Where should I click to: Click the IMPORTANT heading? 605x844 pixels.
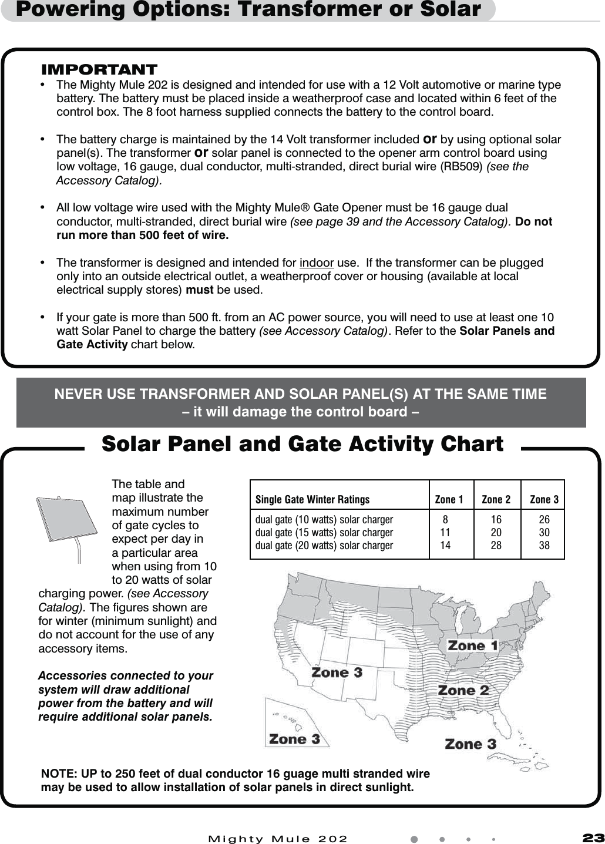(99, 69)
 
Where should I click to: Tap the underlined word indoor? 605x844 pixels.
(317, 263)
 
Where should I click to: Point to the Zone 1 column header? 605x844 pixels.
(449, 500)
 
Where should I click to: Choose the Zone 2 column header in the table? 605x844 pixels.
(496, 500)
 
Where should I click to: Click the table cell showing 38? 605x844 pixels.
(544, 546)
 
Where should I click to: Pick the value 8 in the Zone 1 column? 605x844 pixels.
(446, 520)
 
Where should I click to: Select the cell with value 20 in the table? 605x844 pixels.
(496, 533)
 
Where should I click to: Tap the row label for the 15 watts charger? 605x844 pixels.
(324, 533)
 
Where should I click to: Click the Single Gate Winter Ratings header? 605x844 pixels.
(312, 500)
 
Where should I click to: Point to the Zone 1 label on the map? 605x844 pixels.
(473, 645)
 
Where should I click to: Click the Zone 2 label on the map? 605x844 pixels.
(463, 690)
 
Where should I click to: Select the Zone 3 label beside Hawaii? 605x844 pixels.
(294, 739)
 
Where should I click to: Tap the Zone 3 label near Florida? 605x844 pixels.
(470, 744)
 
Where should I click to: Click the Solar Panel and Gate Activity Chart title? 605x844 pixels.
(302, 444)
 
